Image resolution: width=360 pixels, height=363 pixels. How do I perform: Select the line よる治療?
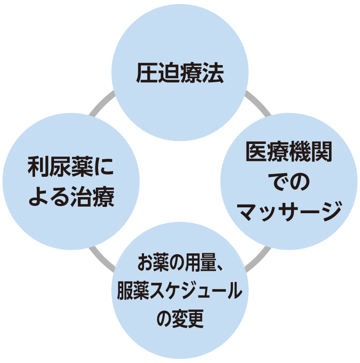point(71,197)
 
